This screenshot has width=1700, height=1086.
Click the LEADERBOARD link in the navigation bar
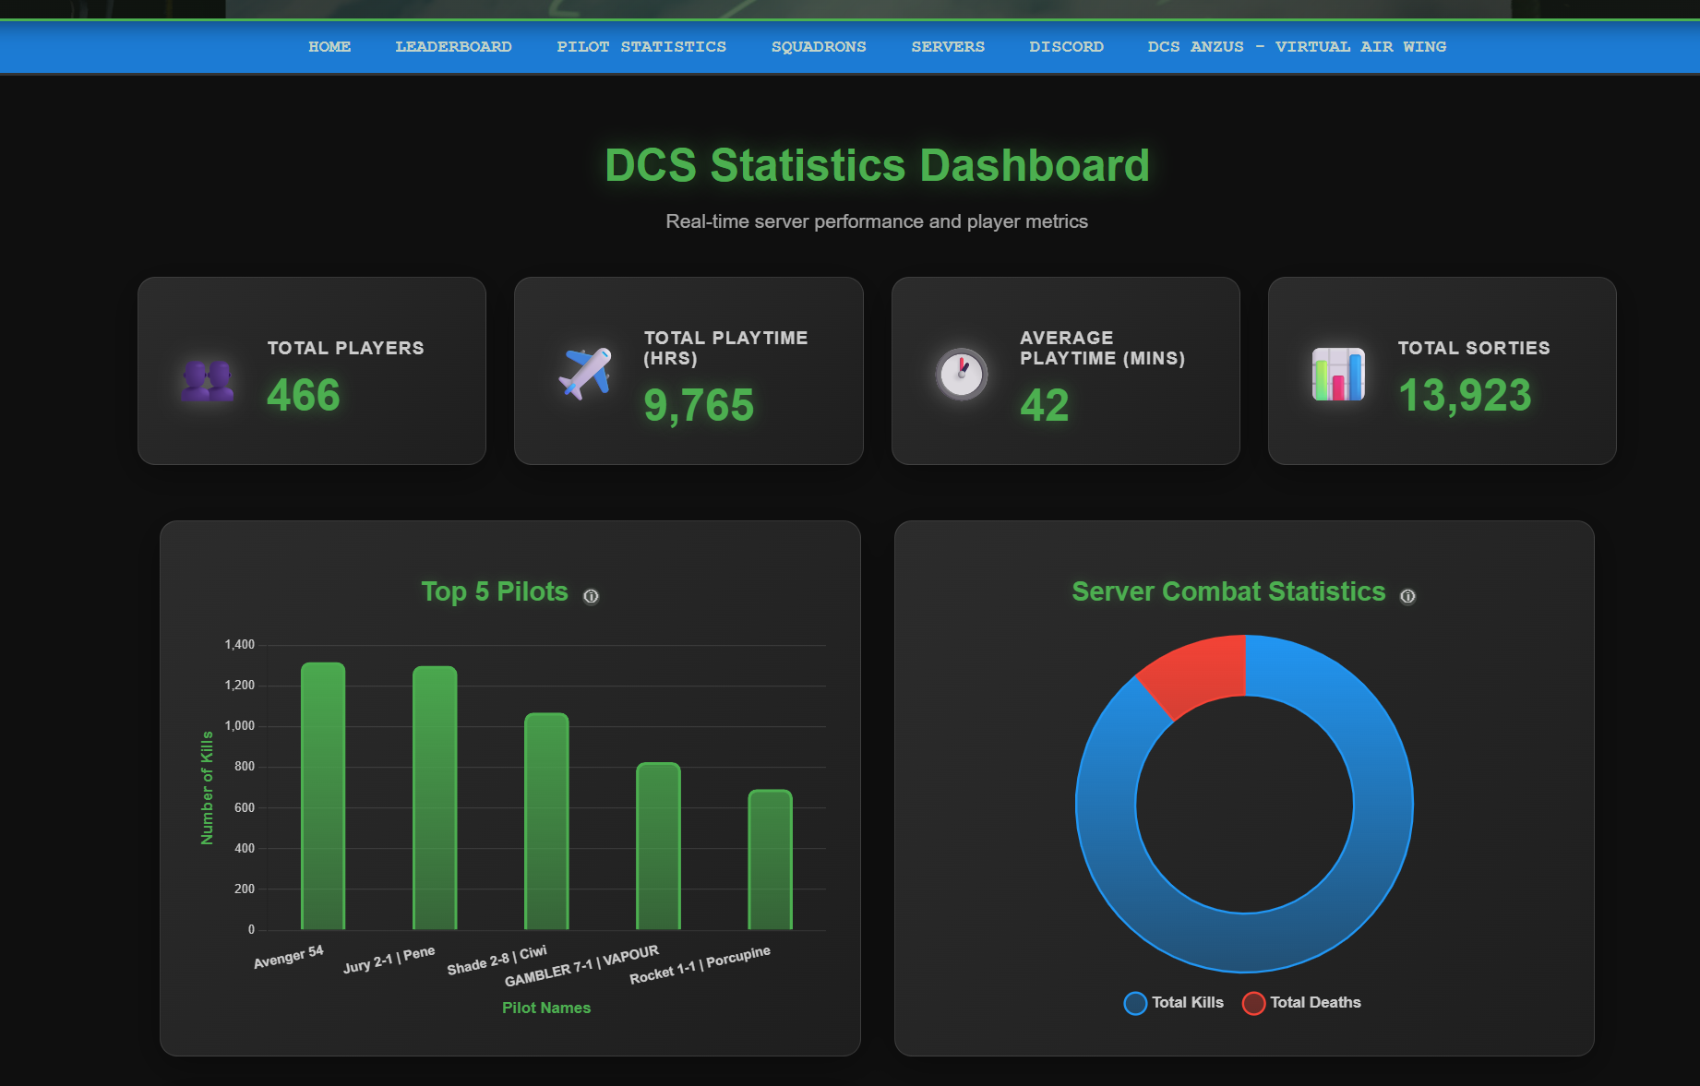pos(453,47)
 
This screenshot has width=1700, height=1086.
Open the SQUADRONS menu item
pos(819,47)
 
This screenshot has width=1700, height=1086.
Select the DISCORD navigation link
pos(1066,47)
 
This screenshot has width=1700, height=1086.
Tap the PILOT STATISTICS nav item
pos(641,47)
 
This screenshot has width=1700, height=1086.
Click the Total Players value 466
pos(304,395)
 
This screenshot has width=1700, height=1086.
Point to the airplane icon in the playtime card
pos(585,373)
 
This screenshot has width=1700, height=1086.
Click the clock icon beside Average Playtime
pos(962,374)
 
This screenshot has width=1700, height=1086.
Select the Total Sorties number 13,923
pos(1465,395)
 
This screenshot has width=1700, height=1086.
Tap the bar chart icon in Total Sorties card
pos(1338,374)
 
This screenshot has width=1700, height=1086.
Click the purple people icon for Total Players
pos(208,381)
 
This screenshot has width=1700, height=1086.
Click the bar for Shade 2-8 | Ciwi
pos(546,821)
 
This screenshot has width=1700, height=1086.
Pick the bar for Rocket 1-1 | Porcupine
pos(770,859)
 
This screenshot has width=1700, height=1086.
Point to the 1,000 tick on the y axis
pos(240,726)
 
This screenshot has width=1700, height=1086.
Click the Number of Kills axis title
pos(207,787)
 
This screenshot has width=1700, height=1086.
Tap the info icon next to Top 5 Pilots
pos(591,596)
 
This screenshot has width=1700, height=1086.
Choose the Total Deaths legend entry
pos(1302,1003)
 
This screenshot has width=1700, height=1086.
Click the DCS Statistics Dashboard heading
pos(877,166)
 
